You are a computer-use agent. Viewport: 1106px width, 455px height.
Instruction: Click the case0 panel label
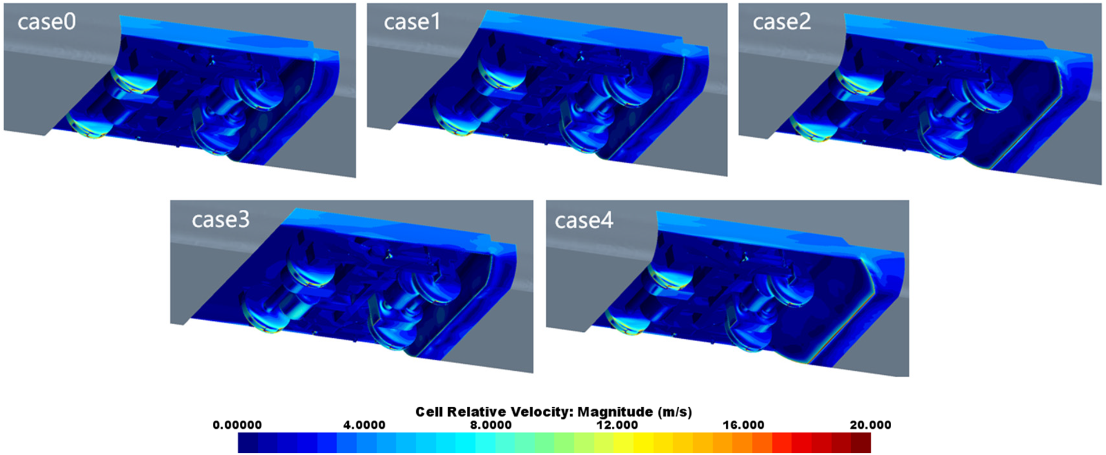coord(46,23)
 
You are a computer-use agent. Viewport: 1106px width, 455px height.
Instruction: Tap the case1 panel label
coord(412,23)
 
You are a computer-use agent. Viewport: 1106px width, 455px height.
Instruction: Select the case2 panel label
coord(781,23)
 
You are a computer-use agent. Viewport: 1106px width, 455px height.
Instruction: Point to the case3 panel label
coord(221,220)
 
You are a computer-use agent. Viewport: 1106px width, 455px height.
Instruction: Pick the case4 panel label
coord(584,221)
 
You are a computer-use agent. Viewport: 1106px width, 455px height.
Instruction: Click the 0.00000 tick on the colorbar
coord(237,425)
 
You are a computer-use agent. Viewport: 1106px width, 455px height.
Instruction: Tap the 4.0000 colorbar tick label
coord(364,425)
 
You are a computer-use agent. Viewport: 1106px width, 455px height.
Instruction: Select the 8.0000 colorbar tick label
coord(491,425)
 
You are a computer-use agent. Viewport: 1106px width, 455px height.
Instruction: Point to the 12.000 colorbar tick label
coord(617,425)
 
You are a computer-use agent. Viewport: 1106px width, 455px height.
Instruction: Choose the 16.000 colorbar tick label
coord(744,425)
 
